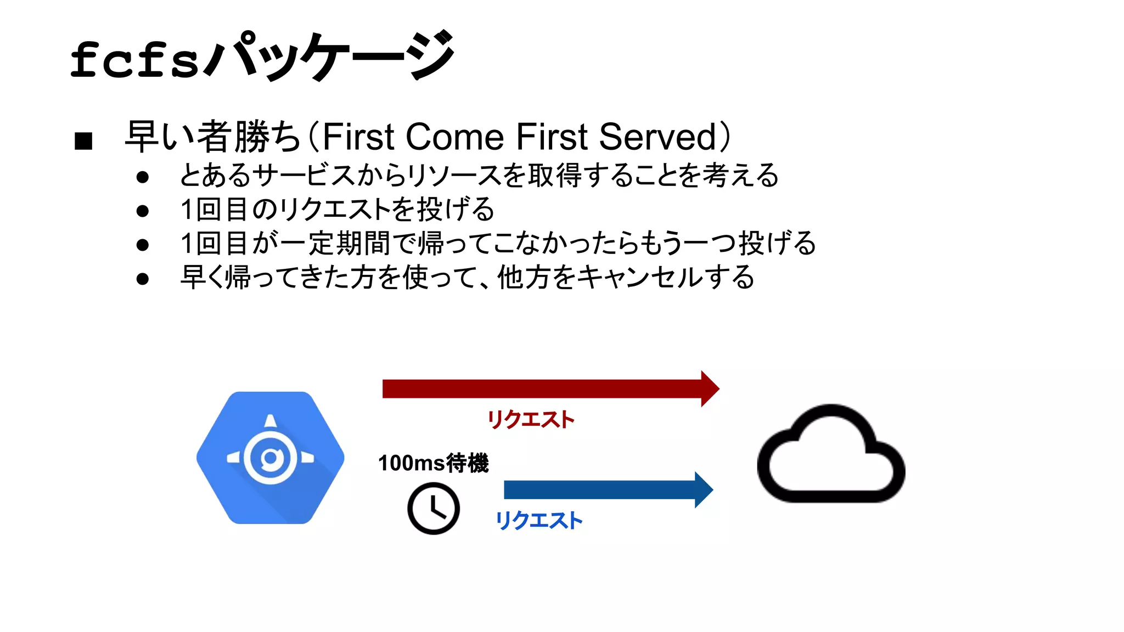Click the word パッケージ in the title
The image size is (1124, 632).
point(329,55)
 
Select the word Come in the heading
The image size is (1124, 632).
point(454,137)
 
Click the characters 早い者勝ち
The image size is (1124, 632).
point(213,137)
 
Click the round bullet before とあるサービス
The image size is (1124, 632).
point(143,177)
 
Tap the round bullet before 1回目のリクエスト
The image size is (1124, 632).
point(143,211)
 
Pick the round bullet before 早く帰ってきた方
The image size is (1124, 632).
point(143,279)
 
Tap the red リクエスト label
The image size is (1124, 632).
point(531,420)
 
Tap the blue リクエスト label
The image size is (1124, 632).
point(538,521)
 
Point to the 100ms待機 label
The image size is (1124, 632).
point(433,463)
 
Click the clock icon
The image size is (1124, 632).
point(434,509)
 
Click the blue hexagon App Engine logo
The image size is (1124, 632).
point(271,458)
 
